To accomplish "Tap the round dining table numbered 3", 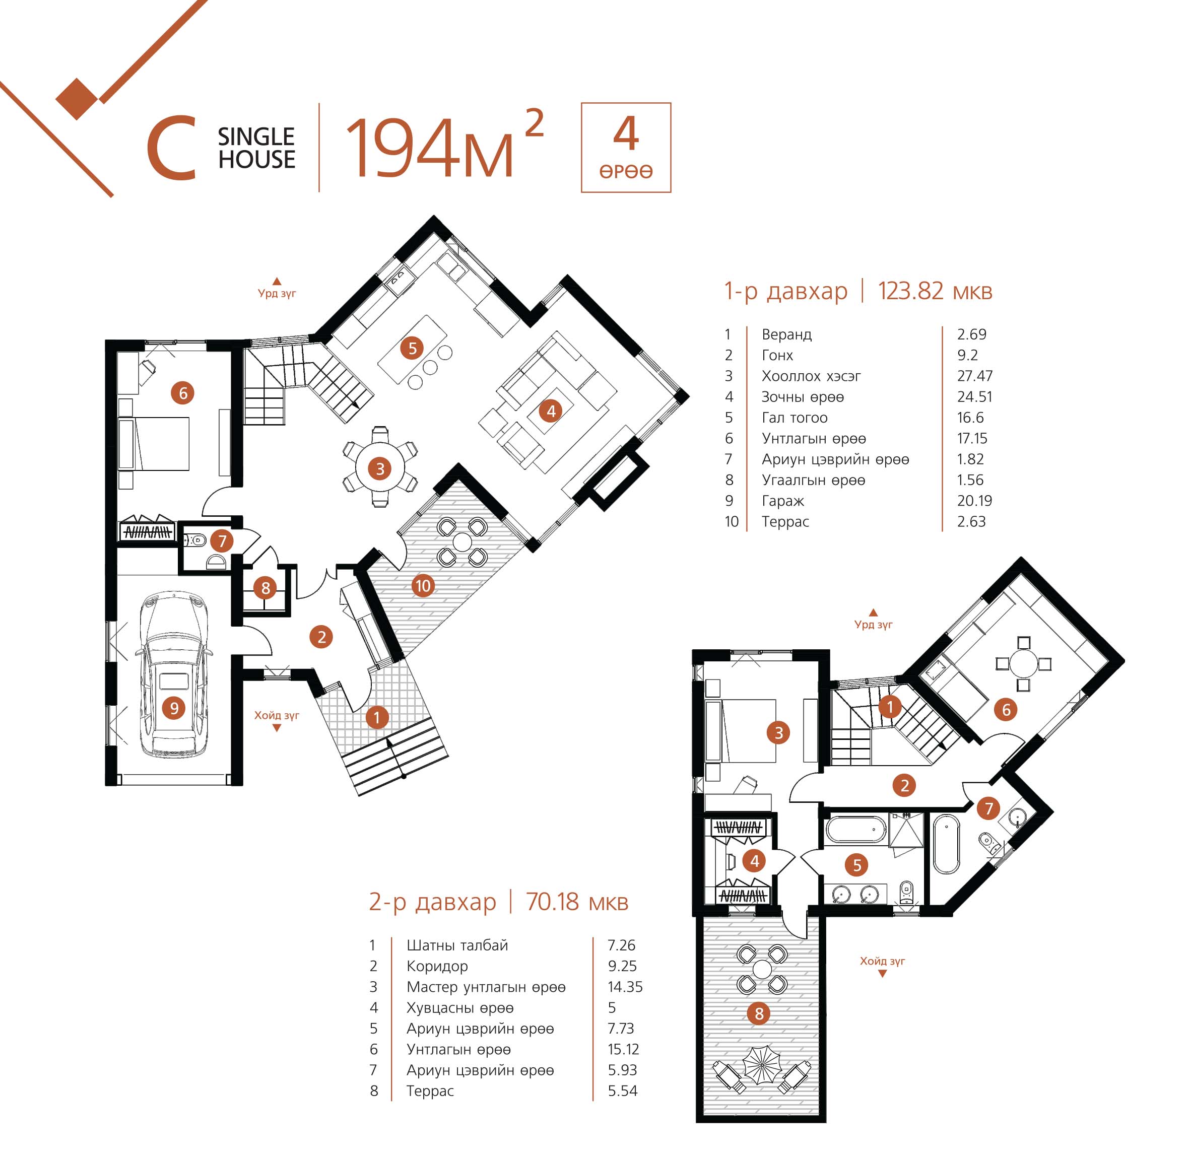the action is click(380, 468).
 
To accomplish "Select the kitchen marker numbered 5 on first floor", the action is click(413, 348).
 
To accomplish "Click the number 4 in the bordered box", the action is click(626, 134).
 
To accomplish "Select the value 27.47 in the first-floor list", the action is click(974, 376).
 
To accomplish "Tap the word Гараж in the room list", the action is click(782, 501).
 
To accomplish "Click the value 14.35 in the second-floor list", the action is click(625, 986).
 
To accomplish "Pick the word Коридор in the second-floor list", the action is click(437, 966).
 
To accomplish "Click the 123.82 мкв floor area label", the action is click(935, 291).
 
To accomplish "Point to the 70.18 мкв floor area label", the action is click(576, 902).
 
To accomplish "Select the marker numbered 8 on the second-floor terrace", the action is click(759, 1013).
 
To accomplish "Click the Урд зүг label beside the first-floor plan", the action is click(277, 294).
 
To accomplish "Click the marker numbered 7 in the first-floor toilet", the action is click(222, 540).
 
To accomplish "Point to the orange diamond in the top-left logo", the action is click(78, 99).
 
